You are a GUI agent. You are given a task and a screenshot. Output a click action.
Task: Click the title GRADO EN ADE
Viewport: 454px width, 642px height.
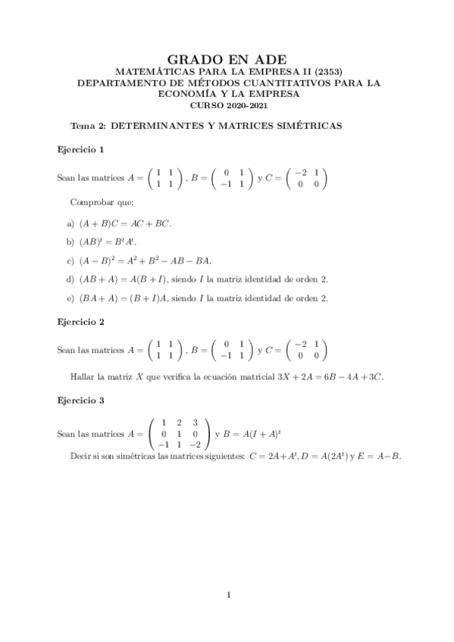(x=227, y=58)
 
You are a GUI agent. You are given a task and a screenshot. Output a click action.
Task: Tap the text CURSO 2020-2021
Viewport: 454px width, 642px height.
(x=227, y=107)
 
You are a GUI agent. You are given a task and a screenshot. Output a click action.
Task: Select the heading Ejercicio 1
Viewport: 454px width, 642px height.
(x=81, y=149)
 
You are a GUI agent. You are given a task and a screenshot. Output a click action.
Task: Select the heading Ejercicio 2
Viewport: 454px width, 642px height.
(x=81, y=322)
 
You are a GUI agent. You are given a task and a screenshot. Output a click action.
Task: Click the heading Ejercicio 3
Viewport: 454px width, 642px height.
(x=81, y=399)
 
